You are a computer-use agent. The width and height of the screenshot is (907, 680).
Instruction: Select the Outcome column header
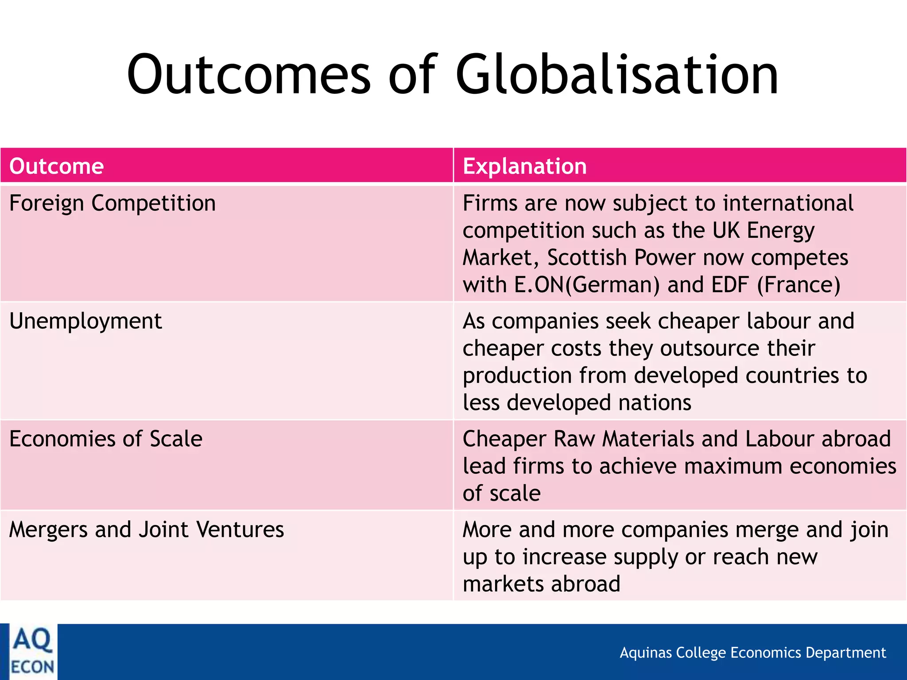click(57, 166)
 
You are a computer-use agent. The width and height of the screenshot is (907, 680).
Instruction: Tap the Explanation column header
click(525, 166)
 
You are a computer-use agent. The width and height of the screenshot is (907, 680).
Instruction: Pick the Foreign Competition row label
click(112, 203)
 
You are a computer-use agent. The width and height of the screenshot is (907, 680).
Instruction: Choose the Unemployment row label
click(85, 321)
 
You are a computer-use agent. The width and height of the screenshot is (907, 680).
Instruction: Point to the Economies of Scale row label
click(106, 439)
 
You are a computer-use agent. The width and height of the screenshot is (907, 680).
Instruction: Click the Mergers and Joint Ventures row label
click(147, 529)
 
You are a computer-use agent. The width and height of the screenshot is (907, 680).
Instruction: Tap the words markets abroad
click(541, 584)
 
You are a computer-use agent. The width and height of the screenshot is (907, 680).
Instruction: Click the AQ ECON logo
click(32, 652)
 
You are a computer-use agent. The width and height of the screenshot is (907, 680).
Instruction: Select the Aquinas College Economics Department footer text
click(752, 653)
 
